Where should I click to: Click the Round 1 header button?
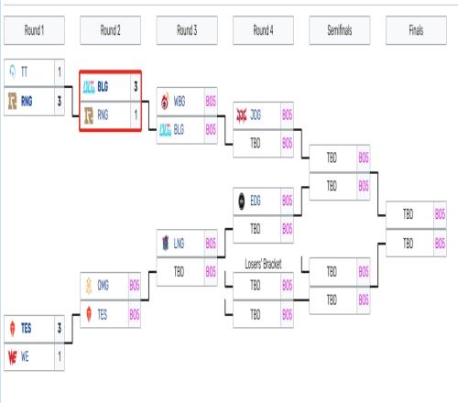click(34, 30)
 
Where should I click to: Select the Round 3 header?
click(187, 30)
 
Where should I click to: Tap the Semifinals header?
click(340, 30)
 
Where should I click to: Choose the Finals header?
click(416, 30)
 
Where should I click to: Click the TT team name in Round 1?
click(24, 72)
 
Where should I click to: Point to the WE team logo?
click(12, 357)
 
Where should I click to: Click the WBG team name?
click(180, 102)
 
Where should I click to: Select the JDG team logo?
click(242, 115)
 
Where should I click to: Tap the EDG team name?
click(256, 201)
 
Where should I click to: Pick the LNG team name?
click(179, 244)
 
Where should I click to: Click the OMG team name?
click(103, 285)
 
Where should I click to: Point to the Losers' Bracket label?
click(263, 264)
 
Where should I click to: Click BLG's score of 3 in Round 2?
click(136, 87)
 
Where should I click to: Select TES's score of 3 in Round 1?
click(60, 328)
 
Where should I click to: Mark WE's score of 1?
click(60, 356)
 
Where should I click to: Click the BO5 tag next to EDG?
click(287, 201)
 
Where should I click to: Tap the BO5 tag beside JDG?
click(287, 115)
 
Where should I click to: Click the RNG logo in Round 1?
click(12, 101)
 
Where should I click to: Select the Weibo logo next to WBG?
click(165, 101)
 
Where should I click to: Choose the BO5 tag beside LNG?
click(211, 244)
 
